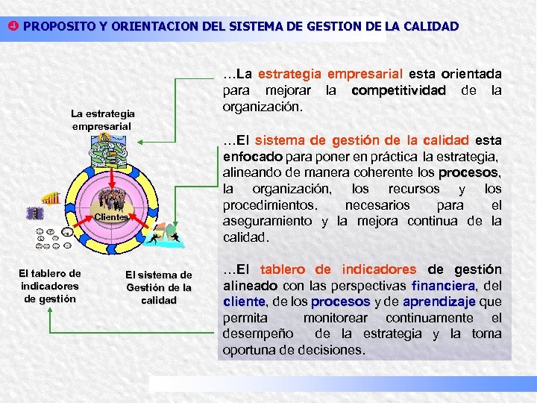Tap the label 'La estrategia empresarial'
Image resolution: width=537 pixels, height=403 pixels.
coord(102,119)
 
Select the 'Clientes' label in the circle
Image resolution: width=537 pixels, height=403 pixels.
coord(111,216)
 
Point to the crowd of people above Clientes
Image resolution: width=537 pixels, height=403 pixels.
coord(113,199)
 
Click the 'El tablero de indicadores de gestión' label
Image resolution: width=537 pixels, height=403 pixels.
coord(49,286)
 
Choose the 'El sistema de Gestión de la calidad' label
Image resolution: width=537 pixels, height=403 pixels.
coord(158,287)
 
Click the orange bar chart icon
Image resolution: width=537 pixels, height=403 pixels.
coord(51,198)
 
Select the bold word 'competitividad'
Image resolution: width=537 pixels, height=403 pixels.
coord(398,90)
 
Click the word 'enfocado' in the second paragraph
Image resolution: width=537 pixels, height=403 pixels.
coord(252,156)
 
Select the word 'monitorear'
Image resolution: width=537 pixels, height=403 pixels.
coord(336,318)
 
